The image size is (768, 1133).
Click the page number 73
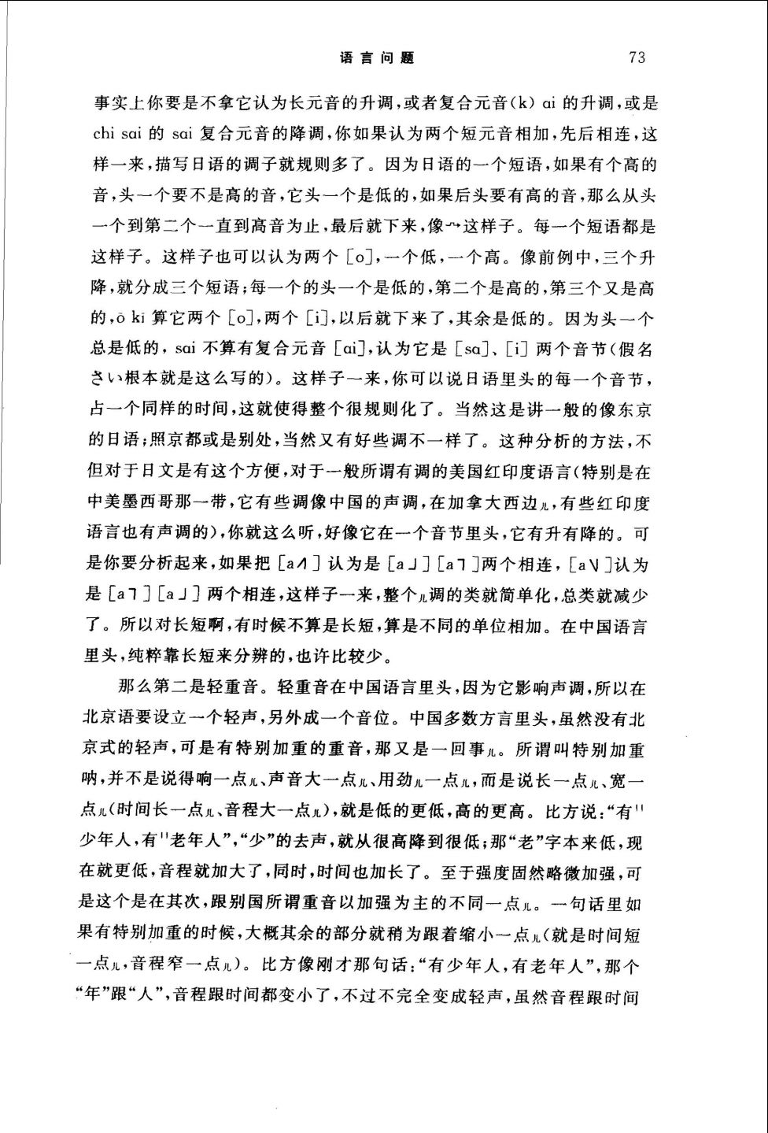coord(637,57)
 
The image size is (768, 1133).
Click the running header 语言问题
coord(377,57)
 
